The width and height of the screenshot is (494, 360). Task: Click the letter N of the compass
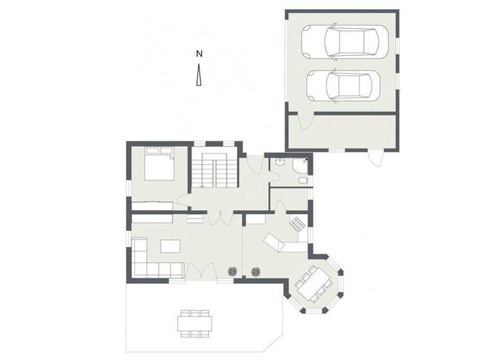[200, 53]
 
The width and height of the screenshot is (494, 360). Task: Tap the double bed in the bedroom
[158, 165]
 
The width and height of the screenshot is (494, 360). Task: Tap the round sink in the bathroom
[295, 166]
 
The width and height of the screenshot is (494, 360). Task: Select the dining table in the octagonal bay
[315, 283]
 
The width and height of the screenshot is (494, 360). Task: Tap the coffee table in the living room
[172, 246]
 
